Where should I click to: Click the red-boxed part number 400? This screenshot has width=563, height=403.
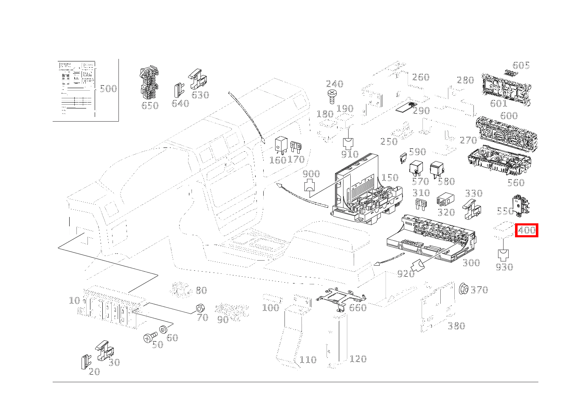click(x=526, y=231)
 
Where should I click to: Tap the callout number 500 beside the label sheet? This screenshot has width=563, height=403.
click(x=108, y=89)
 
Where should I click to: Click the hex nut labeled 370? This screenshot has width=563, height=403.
click(x=464, y=289)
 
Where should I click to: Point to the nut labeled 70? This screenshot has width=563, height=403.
click(x=198, y=308)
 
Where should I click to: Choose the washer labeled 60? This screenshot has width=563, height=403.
click(x=163, y=330)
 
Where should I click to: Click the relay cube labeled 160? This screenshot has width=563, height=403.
click(x=281, y=145)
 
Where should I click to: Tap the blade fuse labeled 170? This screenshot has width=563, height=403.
click(x=295, y=148)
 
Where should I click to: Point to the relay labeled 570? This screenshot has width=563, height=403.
click(x=414, y=168)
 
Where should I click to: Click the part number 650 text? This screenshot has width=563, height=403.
click(x=149, y=106)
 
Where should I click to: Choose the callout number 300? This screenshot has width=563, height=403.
click(x=471, y=263)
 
